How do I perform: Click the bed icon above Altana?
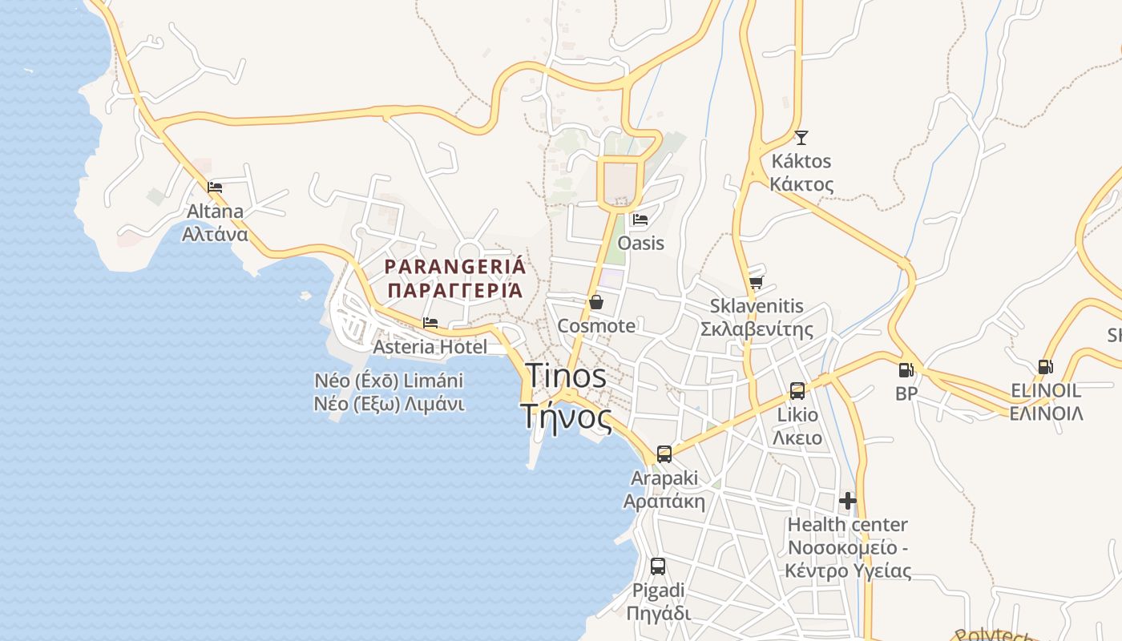(215, 187)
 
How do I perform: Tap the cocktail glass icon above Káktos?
(801, 137)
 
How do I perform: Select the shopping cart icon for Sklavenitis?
(756, 282)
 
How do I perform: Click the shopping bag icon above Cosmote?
(595, 302)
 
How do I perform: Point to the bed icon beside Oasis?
(640, 219)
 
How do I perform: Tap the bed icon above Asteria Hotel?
(430, 324)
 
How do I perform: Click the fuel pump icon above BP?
(906, 370)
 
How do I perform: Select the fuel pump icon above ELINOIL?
(1045, 367)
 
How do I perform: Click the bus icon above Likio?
(797, 391)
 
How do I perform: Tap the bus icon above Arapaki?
(664, 454)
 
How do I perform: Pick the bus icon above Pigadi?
(657, 566)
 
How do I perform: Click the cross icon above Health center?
(848, 502)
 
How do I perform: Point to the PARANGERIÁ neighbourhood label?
(454, 267)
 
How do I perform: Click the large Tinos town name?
(566, 376)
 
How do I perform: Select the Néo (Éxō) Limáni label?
(389, 381)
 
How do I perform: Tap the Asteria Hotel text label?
(430, 347)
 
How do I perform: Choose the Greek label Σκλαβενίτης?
(757, 329)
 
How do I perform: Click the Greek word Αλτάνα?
(215, 235)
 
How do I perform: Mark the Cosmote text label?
(596, 326)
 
